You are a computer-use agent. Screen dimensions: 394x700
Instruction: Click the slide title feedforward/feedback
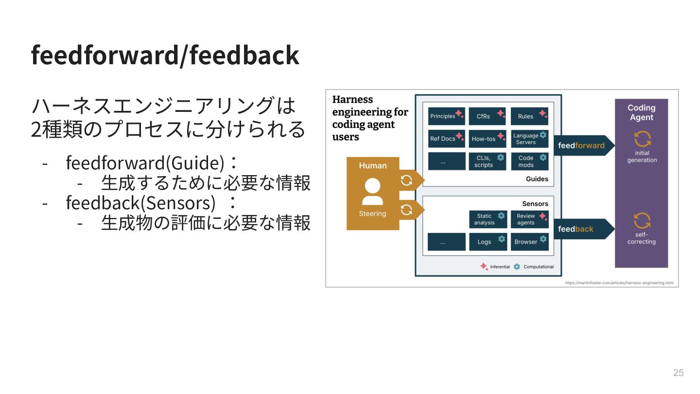pos(165,55)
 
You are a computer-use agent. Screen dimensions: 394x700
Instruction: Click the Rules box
pos(529,116)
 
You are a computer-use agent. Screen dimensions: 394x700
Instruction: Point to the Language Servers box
pos(529,139)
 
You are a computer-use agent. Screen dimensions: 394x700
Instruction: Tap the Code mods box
pos(529,161)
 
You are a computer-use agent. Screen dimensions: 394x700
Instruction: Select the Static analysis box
pos(488,219)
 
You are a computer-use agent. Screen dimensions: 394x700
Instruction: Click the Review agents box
pos(529,219)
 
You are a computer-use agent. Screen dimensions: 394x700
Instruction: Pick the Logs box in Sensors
pos(487,242)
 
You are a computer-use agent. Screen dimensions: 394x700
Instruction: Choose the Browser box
pos(529,242)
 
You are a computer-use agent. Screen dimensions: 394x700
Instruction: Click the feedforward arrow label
pos(581,145)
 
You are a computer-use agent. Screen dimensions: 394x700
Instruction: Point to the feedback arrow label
pos(576,229)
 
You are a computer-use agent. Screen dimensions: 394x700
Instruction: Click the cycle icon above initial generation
pos(642,139)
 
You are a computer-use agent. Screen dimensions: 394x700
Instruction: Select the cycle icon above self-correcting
pos(642,220)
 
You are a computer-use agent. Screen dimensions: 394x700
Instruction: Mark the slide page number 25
pos(678,373)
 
